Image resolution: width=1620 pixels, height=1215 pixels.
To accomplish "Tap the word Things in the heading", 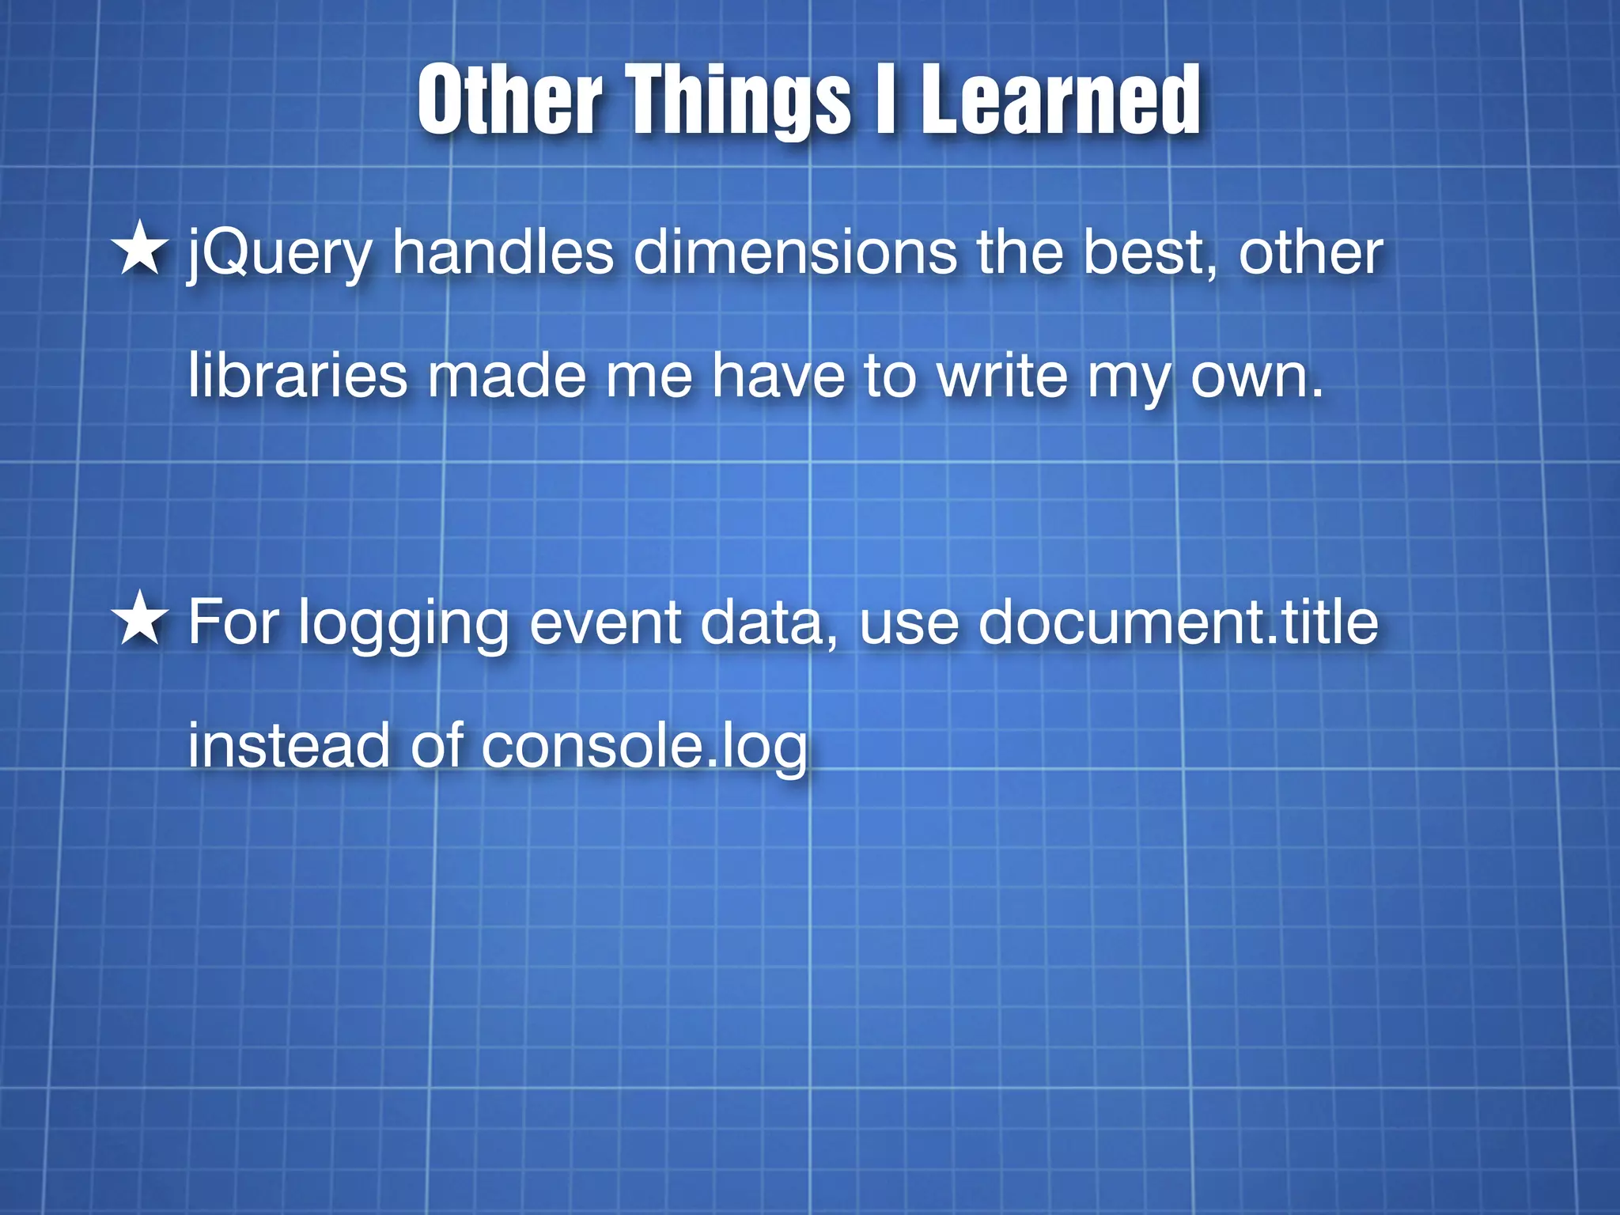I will [740, 101].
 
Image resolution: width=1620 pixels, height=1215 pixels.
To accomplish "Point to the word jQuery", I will [279, 255].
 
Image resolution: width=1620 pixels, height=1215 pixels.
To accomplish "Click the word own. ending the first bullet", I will [1257, 377].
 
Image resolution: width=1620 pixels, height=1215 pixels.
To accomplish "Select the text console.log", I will [645, 747].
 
